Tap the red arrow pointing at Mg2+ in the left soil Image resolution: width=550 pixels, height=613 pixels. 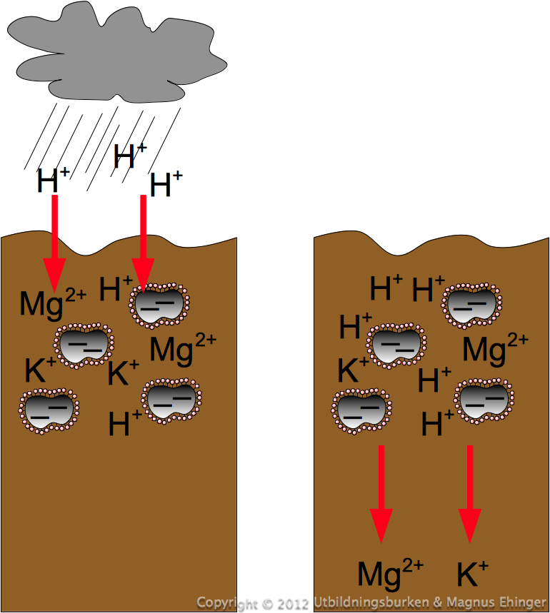[x=55, y=243]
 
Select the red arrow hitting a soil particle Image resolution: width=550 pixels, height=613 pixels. [x=143, y=243]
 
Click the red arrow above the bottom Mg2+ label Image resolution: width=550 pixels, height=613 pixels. [x=381, y=494]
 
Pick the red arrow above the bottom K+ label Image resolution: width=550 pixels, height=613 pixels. [x=470, y=494]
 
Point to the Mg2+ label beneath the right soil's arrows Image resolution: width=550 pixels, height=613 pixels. [x=391, y=574]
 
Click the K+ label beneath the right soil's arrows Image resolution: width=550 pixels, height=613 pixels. [x=473, y=573]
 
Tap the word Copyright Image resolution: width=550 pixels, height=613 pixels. [x=227, y=604]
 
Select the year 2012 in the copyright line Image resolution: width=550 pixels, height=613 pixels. [x=294, y=604]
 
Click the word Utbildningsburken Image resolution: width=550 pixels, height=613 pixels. [x=371, y=603]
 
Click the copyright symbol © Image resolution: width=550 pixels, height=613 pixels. [x=268, y=604]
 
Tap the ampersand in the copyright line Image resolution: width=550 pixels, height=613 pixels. [x=437, y=603]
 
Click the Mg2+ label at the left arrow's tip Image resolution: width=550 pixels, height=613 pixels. [x=53, y=304]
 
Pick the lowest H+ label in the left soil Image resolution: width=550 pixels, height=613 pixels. [x=125, y=423]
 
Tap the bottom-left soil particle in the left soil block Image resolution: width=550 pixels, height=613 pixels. [x=49, y=410]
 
